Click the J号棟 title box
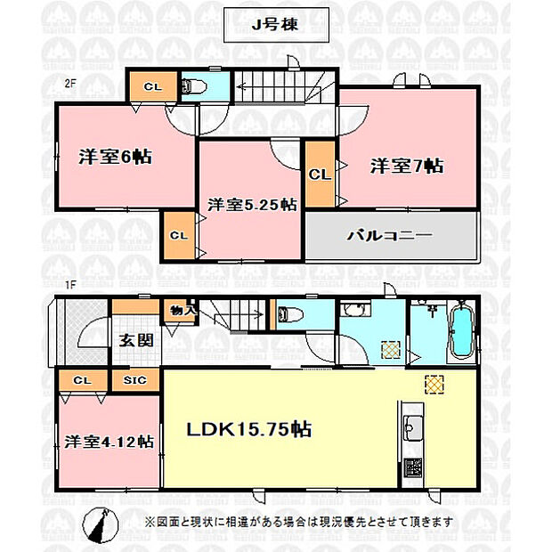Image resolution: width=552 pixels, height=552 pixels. click(x=276, y=25)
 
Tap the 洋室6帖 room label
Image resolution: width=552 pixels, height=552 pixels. click(x=115, y=157)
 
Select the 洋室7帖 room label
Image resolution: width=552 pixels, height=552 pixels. click(x=407, y=166)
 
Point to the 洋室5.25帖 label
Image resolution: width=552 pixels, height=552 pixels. click(x=252, y=205)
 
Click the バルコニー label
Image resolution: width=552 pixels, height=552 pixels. click(x=389, y=236)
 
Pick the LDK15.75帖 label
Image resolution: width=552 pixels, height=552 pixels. click(x=249, y=429)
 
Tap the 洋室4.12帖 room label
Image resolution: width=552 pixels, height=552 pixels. click(x=110, y=442)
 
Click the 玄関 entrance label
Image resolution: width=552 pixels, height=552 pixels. click(x=136, y=340)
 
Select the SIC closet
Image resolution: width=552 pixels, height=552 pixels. click(x=135, y=380)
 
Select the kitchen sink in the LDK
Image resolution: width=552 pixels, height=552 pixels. click(x=413, y=427)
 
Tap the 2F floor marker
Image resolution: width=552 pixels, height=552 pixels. click(x=70, y=84)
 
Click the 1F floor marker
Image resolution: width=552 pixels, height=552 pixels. click(x=70, y=285)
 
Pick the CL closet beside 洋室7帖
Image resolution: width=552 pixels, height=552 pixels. click(x=320, y=175)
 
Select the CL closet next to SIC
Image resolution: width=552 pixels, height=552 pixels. click(x=83, y=380)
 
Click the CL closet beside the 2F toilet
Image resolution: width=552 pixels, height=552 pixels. click(x=153, y=86)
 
